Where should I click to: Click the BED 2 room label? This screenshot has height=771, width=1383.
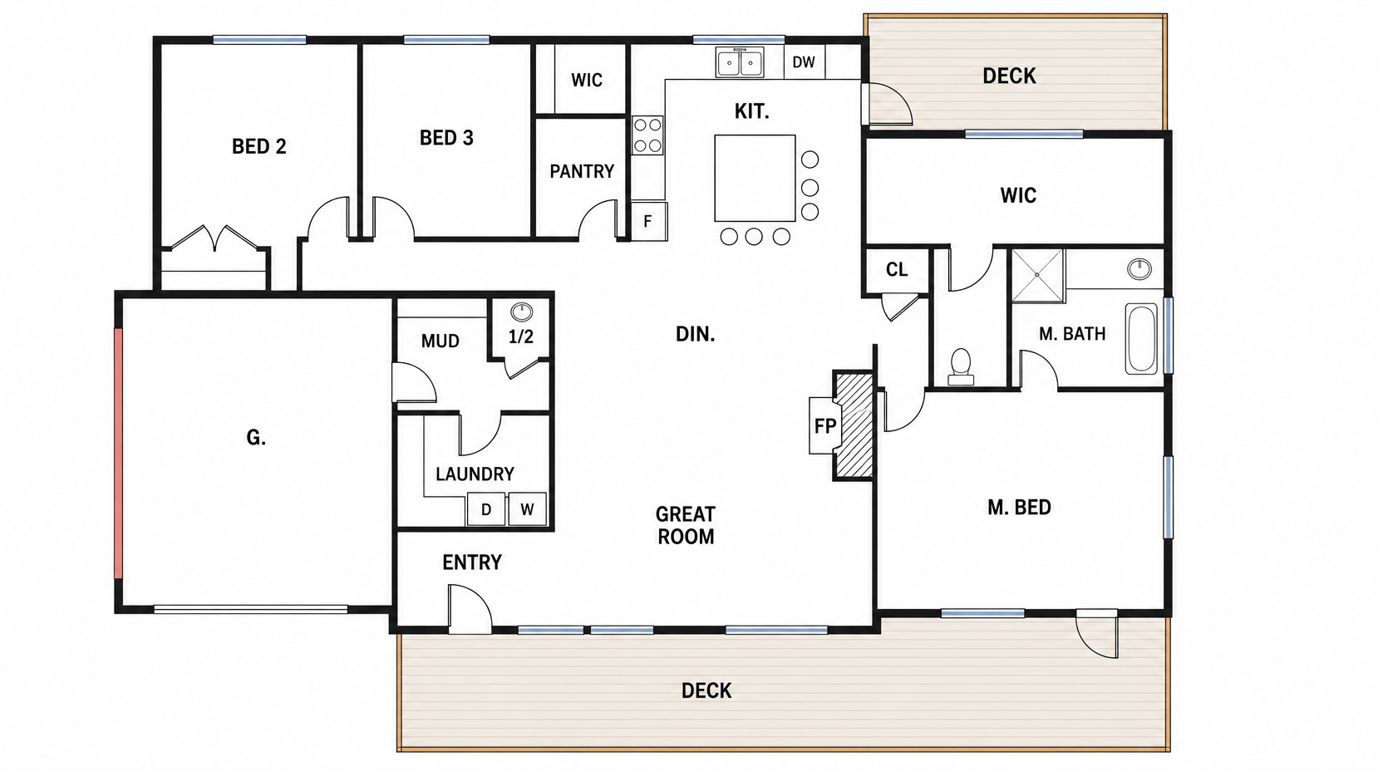point(258,146)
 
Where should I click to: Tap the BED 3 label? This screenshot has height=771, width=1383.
point(446,138)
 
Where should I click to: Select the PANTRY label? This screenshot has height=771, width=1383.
point(582,171)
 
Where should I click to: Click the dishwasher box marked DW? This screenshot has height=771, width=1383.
point(804,62)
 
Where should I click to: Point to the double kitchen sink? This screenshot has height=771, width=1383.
point(740,61)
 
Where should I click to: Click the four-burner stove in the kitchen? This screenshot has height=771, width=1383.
point(647,135)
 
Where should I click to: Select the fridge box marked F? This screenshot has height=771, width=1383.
point(648,221)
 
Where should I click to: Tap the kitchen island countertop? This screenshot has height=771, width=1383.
point(755,178)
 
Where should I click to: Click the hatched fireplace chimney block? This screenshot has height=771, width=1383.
point(854,425)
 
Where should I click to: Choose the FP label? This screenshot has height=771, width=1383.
point(824,426)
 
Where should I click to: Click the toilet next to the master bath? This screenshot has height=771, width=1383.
point(961,366)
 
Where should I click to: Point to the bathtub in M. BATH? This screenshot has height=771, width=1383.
point(1141,338)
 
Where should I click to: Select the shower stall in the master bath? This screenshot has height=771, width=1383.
point(1037,275)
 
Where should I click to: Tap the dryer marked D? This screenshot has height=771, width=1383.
point(486,509)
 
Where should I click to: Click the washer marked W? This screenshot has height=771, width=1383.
point(527,509)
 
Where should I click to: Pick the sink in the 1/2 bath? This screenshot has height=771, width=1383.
point(522,312)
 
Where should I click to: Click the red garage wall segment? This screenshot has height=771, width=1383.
point(119,454)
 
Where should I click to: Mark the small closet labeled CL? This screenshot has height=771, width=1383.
point(897,270)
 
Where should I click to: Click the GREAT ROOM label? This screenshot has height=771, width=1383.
point(686,525)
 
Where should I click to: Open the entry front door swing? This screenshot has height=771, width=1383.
point(470,608)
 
